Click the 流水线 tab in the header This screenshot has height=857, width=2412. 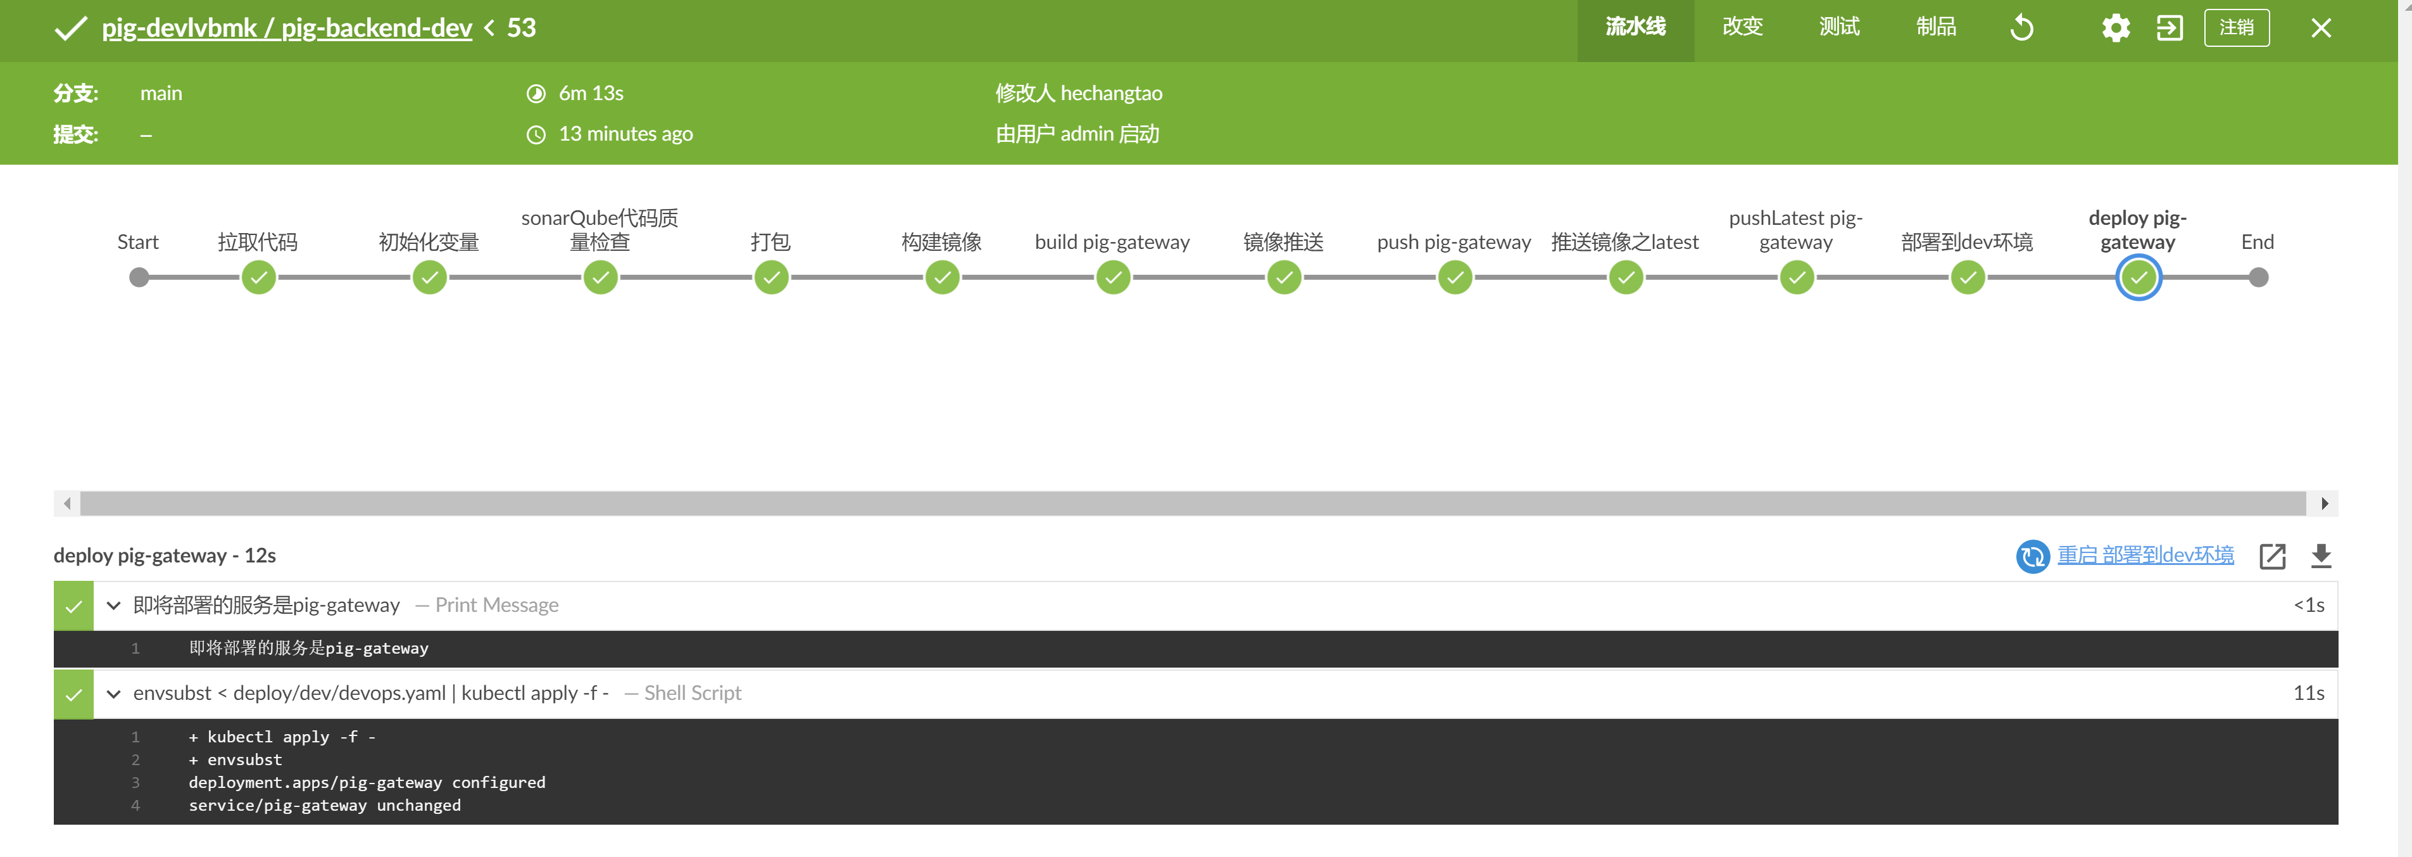pyautogui.click(x=1635, y=27)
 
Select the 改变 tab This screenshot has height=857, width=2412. pyautogui.click(x=1742, y=27)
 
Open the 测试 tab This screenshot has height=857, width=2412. pyautogui.click(x=1839, y=27)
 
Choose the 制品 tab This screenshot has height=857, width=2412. pyautogui.click(x=1935, y=27)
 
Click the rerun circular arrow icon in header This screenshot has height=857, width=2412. pyautogui.click(x=2021, y=28)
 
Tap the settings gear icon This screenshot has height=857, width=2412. pyautogui.click(x=2115, y=28)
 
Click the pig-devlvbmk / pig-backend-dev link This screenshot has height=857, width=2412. pyautogui.click(x=287, y=28)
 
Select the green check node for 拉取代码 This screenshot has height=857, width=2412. pyautogui.click(x=258, y=277)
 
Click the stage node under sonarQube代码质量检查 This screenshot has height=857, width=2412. pyautogui.click(x=600, y=277)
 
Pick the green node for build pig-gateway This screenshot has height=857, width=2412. pyautogui.click(x=1114, y=277)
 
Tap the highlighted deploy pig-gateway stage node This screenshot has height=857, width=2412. pyautogui.click(x=2139, y=277)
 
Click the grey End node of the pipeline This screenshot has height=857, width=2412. pyautogui.click(x=2258, y=277)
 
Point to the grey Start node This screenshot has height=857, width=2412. pyautogui.click(x=139, y=277)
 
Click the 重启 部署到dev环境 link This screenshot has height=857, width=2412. pyautogui.click(x=2144, y=555)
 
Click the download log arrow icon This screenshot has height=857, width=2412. pyautogui.click(x=2321, y=556)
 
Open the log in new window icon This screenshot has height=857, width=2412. pyautogui.click(x=2273, y=556)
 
